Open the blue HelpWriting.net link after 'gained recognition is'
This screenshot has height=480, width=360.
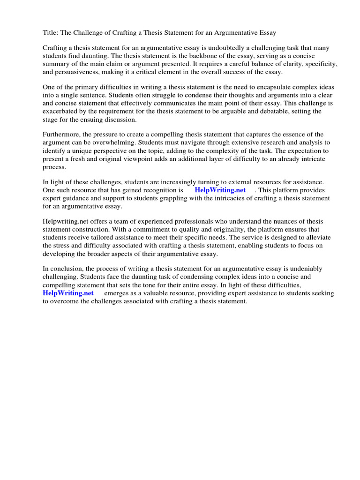pos(220,190)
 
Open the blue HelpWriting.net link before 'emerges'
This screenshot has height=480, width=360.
pos(68,293)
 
